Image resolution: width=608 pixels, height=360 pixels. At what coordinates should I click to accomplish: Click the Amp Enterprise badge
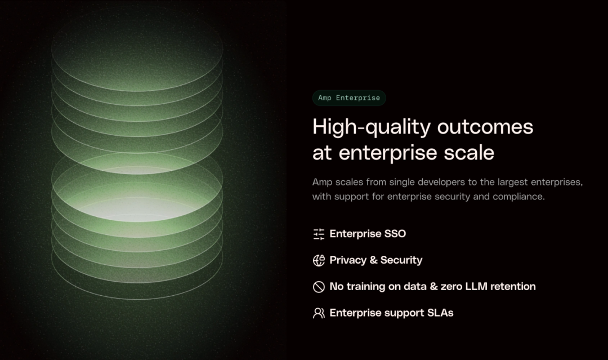349,98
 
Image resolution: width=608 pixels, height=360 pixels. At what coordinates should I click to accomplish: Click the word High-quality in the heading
372,127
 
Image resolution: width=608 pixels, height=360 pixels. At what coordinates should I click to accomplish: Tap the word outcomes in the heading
485,127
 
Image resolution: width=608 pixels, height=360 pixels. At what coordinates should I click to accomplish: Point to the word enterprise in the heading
388,153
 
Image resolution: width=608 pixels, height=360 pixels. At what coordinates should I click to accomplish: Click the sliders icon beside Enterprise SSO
319,234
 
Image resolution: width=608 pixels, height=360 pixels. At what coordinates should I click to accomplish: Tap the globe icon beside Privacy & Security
319,260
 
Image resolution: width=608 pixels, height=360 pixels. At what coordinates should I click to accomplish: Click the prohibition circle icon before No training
319,287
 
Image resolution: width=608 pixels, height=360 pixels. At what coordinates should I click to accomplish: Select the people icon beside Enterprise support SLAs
319,313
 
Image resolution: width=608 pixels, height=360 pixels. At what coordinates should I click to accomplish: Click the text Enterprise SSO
368,234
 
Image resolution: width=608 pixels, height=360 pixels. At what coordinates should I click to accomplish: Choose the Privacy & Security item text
375,260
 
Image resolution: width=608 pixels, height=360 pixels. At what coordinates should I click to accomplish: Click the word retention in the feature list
513,286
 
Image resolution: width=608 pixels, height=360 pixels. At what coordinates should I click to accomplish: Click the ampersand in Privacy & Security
373,260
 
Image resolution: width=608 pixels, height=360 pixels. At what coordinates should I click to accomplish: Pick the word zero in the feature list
451,287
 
